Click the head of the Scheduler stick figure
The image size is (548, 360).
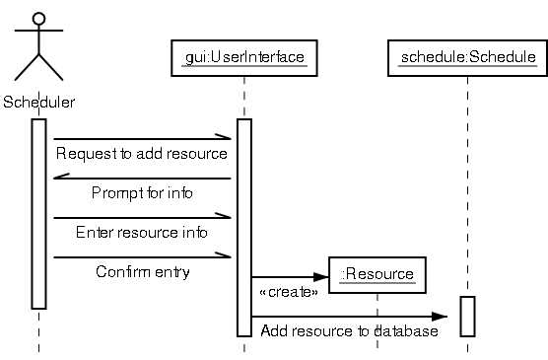[x=38, y=19]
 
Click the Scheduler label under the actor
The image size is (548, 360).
[x=38, y=102]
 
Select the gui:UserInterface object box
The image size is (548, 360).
[x=243, y=56]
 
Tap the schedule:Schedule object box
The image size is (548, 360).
[x=467, y=57]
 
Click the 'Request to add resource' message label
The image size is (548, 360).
[x=142, y=154]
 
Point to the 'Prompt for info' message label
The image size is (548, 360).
[x=142, y=192]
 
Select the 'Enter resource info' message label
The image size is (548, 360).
[x=142, y=233]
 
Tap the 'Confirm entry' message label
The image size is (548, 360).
[x=142, y=271]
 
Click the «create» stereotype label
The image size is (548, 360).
[x=288, y=293]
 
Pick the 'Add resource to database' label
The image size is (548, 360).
[x=349, y=331]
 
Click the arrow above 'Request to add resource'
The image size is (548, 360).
[x=142, y=139]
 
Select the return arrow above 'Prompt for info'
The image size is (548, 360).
[x=142, y=179]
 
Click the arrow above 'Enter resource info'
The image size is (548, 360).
[x=142, y=218]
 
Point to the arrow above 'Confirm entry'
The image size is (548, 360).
[x=142, y=257]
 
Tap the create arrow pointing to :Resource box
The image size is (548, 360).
[x=291, y=277]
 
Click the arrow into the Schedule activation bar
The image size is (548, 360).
[x=355, y=317]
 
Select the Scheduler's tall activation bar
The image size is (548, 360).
[x=38, y=213]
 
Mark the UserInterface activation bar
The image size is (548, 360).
[x=243, y=227]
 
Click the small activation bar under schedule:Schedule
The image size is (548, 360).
[x=467, y=316]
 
